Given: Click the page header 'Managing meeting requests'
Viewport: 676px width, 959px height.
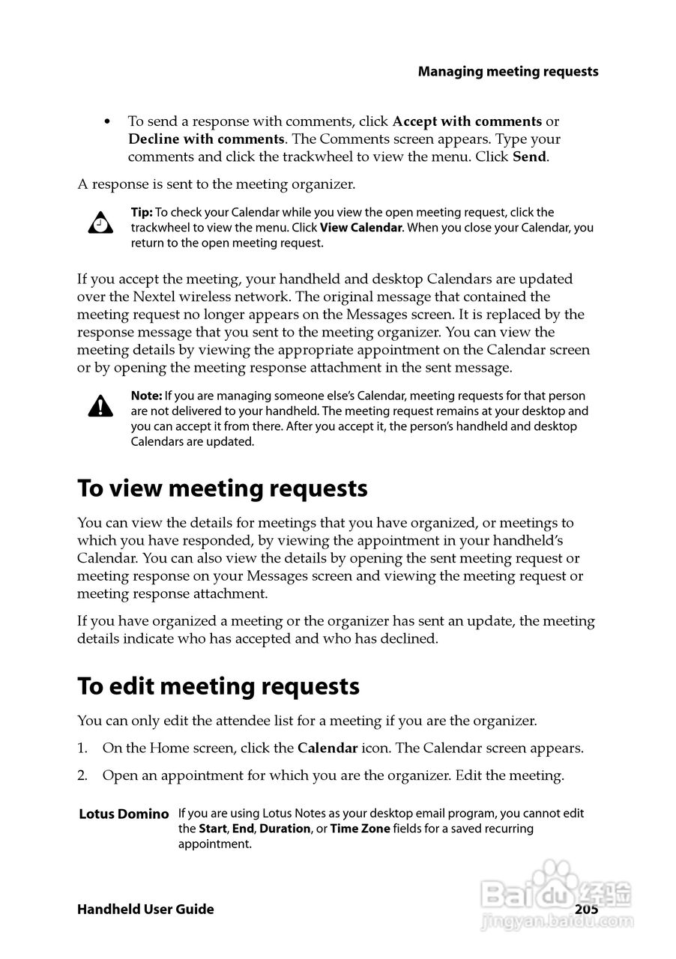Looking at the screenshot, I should point(508,72).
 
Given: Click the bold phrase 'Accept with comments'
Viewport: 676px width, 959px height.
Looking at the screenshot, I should point(467,121).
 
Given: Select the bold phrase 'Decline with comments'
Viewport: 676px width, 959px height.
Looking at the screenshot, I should point(206,139).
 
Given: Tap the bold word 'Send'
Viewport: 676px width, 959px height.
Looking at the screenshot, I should point(530,157).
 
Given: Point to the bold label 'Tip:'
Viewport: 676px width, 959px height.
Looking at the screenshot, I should point(142,213).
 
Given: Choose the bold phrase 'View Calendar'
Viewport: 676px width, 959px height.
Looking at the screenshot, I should point(361,228).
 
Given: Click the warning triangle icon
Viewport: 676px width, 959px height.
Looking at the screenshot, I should point(100,406).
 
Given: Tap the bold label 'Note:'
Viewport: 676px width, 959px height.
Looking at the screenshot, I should point(146,396).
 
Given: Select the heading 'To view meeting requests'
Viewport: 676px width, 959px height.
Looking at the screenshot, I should point(223,488).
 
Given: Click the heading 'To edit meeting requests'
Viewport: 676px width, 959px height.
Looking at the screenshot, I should point(219,686).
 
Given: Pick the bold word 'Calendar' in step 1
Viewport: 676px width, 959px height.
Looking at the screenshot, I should point(328,748).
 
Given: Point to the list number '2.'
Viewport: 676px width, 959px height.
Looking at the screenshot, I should point(83,775).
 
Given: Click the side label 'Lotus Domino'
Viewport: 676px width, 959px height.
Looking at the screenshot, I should point(124,814).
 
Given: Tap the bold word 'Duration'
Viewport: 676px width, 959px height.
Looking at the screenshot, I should point(285,829).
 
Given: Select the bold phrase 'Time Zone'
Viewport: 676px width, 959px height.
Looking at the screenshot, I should point(360,829).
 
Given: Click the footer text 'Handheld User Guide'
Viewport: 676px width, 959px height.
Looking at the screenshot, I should point(145,910).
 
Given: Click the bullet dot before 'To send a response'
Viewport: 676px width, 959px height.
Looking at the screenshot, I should point(108,121).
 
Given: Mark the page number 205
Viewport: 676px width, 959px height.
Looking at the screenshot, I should point(586,910).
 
